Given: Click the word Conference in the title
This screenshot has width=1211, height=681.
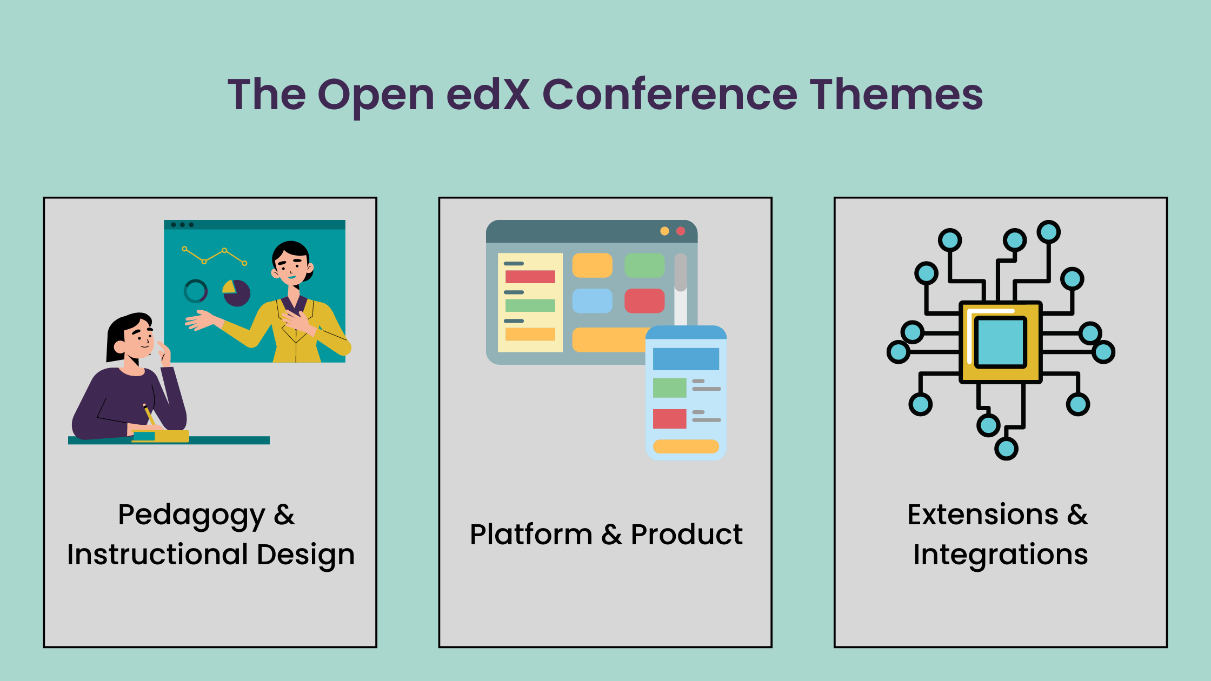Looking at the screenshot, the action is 669,95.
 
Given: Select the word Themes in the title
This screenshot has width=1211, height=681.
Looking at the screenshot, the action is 896,95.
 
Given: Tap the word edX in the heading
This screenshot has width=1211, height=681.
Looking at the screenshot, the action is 488,95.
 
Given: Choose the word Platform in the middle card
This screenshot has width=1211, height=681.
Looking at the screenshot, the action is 531,535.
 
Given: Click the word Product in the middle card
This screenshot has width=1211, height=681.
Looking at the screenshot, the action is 687,535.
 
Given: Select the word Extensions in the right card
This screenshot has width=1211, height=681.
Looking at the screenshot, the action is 983,515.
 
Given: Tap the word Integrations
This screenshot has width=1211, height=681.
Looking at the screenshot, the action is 1001,556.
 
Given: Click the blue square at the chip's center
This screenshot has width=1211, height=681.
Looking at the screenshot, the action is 1000,342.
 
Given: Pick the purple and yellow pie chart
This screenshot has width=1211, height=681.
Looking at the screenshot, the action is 236,293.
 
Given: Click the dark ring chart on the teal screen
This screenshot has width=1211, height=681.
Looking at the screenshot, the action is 196,291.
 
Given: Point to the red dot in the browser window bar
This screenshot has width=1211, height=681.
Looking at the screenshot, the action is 681,231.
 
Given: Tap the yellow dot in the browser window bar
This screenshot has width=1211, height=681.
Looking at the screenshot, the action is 664,231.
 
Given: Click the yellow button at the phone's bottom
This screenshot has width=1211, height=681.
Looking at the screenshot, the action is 686,446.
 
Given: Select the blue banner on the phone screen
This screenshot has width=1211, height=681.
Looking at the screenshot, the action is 686,359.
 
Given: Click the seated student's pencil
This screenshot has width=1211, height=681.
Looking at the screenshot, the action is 149,415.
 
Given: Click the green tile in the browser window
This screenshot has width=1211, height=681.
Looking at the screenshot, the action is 644,265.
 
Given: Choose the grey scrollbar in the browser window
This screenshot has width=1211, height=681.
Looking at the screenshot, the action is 681,272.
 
